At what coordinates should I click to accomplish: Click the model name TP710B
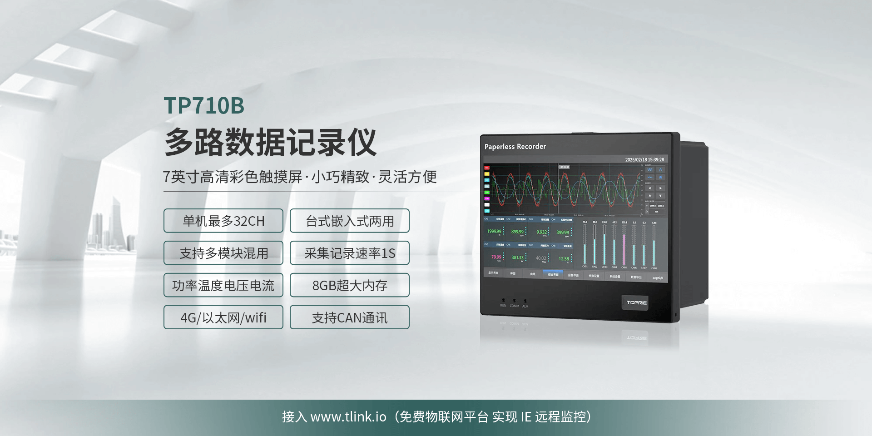204,105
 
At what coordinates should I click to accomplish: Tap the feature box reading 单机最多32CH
223,221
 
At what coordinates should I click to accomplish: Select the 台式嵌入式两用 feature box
350,221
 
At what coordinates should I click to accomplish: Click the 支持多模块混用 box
223,253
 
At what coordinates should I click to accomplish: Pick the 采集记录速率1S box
350,253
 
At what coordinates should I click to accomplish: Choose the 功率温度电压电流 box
223,285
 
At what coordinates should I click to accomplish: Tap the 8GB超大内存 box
350,285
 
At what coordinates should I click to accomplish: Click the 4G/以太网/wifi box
223,317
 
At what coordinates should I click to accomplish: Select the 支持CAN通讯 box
350,317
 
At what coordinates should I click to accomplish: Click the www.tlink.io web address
348,417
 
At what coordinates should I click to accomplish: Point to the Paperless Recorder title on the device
515,147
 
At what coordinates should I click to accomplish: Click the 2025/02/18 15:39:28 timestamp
644,160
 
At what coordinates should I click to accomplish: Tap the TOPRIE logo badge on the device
636,302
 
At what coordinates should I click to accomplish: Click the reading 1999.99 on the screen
494,231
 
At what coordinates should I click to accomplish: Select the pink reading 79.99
496,257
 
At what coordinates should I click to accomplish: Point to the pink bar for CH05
624,245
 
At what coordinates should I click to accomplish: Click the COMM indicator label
514,306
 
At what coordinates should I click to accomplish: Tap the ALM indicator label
525,307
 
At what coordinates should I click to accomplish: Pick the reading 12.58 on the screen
564,259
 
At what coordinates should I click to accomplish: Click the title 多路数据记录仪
271,142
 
